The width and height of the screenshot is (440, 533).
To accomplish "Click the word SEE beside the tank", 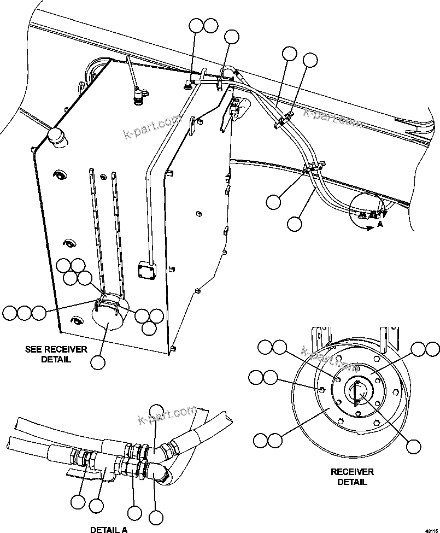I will (34, 349).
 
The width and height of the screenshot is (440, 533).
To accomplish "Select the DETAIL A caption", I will (109, 529).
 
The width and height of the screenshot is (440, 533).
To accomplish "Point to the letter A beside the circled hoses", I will (380, 224).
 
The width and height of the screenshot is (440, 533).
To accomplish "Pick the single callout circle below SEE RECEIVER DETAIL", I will (98, 362).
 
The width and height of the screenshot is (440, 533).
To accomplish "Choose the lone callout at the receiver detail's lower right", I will (414, 446).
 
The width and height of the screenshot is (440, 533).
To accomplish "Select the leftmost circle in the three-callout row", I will (9, 313).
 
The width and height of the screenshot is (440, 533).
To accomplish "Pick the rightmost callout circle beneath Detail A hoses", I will (156, 517).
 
